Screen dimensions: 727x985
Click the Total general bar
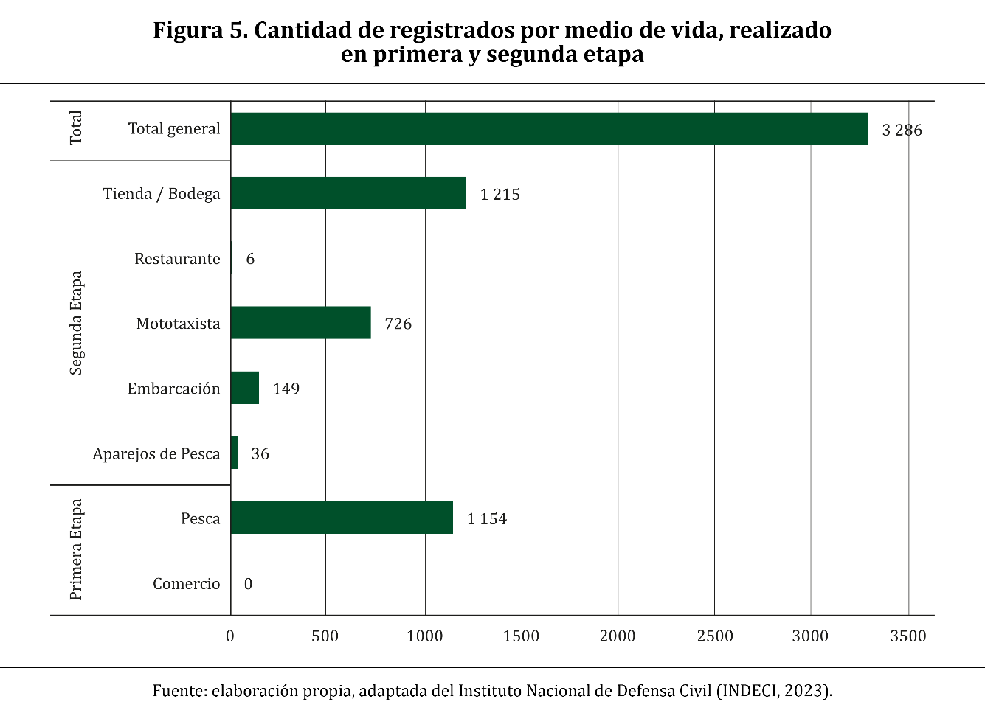[x=549, y=129]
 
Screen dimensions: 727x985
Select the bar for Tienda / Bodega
[x=348, y=193]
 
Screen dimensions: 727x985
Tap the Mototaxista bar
[x=300, y=323]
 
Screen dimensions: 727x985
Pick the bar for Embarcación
[x=245, y=388]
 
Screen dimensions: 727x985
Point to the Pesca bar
[x=342, y=518]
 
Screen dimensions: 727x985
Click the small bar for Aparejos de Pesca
[x=235, y=453]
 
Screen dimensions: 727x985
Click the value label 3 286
[x=902, y=131]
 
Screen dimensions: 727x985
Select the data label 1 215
[x=500, y=195]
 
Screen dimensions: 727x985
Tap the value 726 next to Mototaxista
[x=398, y=324]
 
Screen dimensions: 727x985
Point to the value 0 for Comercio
[x=248, y=584]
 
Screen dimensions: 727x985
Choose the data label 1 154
[x=487, y=519]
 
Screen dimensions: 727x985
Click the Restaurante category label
[x=177, y=259]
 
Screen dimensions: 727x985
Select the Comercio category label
[x=186, y=584]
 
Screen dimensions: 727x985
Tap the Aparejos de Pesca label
[x=156, y=454]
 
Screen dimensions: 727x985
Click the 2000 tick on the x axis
[x=618, y=636]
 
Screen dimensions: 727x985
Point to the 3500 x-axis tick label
[x=908, y=636]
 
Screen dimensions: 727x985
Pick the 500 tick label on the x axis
[x=325, y=636]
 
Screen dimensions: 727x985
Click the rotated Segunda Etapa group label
[x=76, y=323]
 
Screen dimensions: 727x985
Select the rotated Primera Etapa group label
[x=76, y=550]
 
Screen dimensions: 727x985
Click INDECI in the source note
[x=749, y=691]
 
